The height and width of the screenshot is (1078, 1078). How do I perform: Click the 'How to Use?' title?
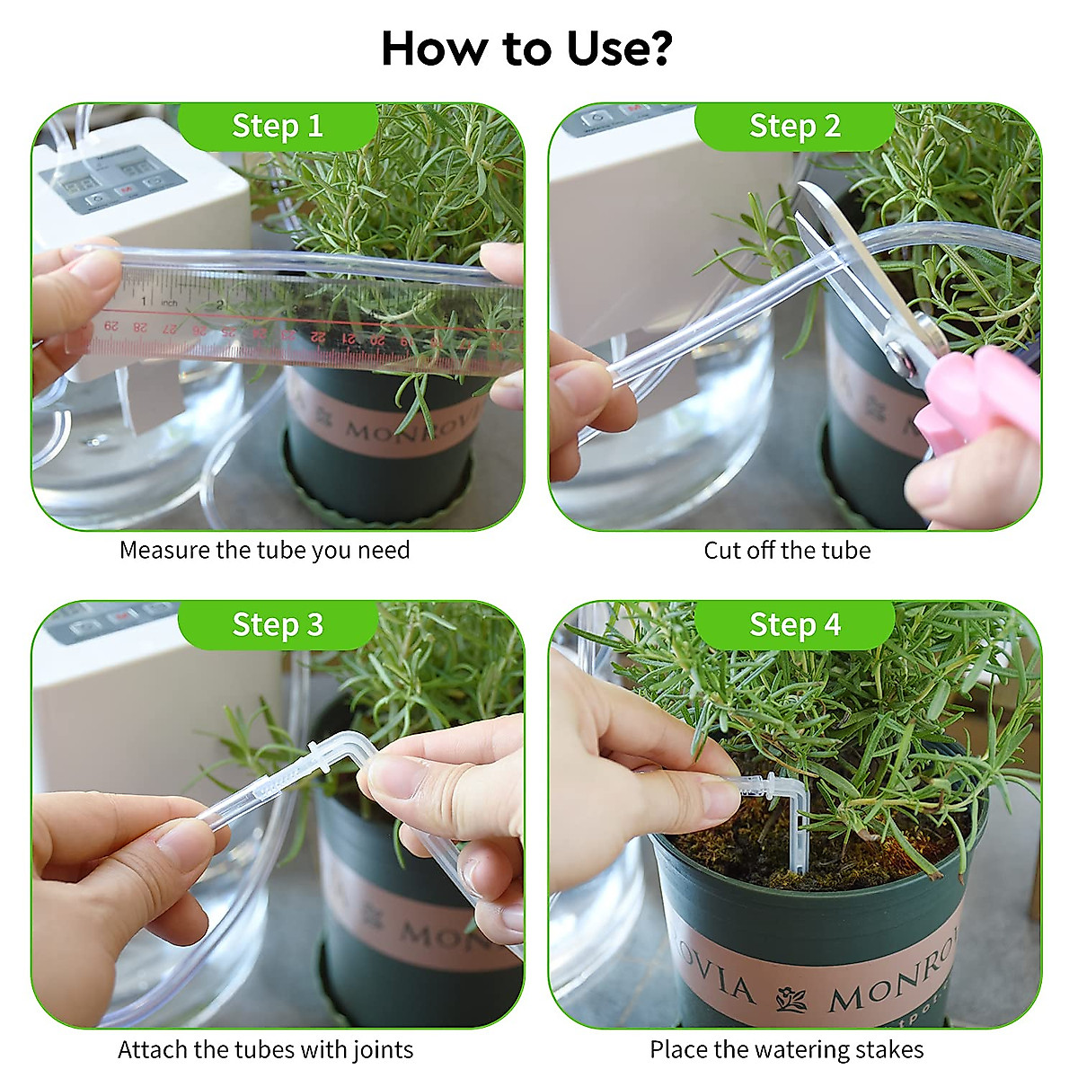pyautogui.click(x=526, y=49)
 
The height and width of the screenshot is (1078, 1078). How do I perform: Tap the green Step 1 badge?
pyautogui.click(x=278, y=126)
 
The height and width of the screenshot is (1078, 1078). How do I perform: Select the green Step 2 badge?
pyautogui.click(x=795, y=126)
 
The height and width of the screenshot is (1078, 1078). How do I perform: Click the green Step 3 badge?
pyautogui.click(x=278, y=624)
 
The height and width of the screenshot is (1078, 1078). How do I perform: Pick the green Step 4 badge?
pyautogui.click(x=795, y=624)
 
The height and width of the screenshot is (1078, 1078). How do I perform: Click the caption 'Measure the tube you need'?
pyautogui.click(x=264, y=550)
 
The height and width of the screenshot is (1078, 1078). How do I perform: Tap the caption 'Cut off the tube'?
pyautogui.click(x=787, y=550)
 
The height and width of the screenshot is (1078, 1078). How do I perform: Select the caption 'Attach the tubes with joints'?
pyautogui.click(x=265, y=1049)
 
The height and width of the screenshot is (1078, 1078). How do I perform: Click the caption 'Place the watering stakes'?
pyautogui.click(x=786, y=1049)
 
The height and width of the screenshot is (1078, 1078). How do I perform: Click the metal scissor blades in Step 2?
pyautogui.click(x=862, y=269)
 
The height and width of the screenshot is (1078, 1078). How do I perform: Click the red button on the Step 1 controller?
pyautogui.click(x=125, y=190)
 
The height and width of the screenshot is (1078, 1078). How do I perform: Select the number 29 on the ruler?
pyautogui.click(x=111, y=324)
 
